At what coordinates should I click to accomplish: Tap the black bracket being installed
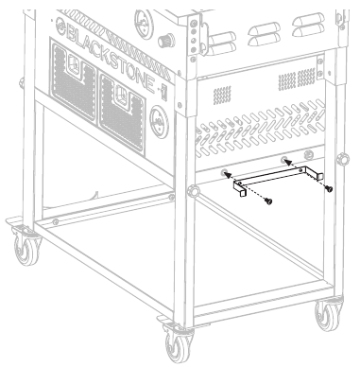(x=278, y=175)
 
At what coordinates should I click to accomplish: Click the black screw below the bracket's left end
(x=267, y=201)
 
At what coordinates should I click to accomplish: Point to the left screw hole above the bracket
(x=225, y=173)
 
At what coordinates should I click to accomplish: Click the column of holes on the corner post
(x=197, y=34)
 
